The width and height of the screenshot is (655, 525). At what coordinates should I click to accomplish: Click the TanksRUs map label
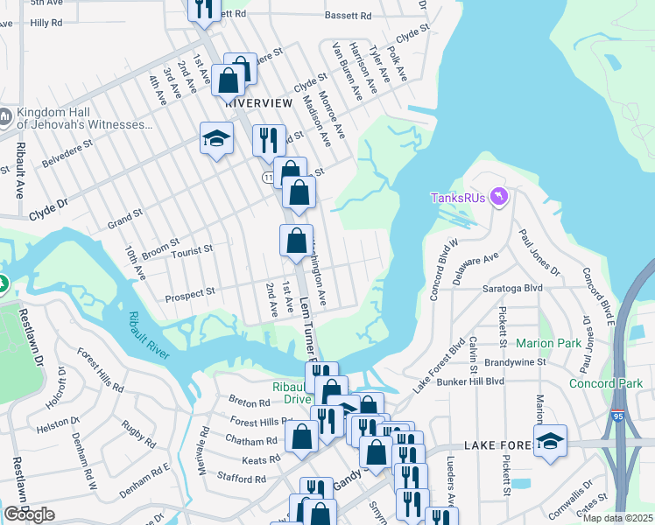tap(459, 197)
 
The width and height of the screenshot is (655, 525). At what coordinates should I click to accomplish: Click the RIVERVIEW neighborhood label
tap(258, 103)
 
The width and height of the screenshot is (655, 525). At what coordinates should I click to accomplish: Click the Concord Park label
tap(606, 383)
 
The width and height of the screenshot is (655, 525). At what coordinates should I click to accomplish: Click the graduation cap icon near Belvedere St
tap(216, 138)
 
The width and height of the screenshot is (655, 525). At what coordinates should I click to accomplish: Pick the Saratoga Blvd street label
tap(512, 288)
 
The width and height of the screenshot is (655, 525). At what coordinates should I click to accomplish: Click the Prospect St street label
tap(191, 291)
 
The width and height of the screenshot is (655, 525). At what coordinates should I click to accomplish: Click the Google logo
tap(29, 514)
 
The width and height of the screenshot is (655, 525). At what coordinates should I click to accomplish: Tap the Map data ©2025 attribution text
tap(617, 518)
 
